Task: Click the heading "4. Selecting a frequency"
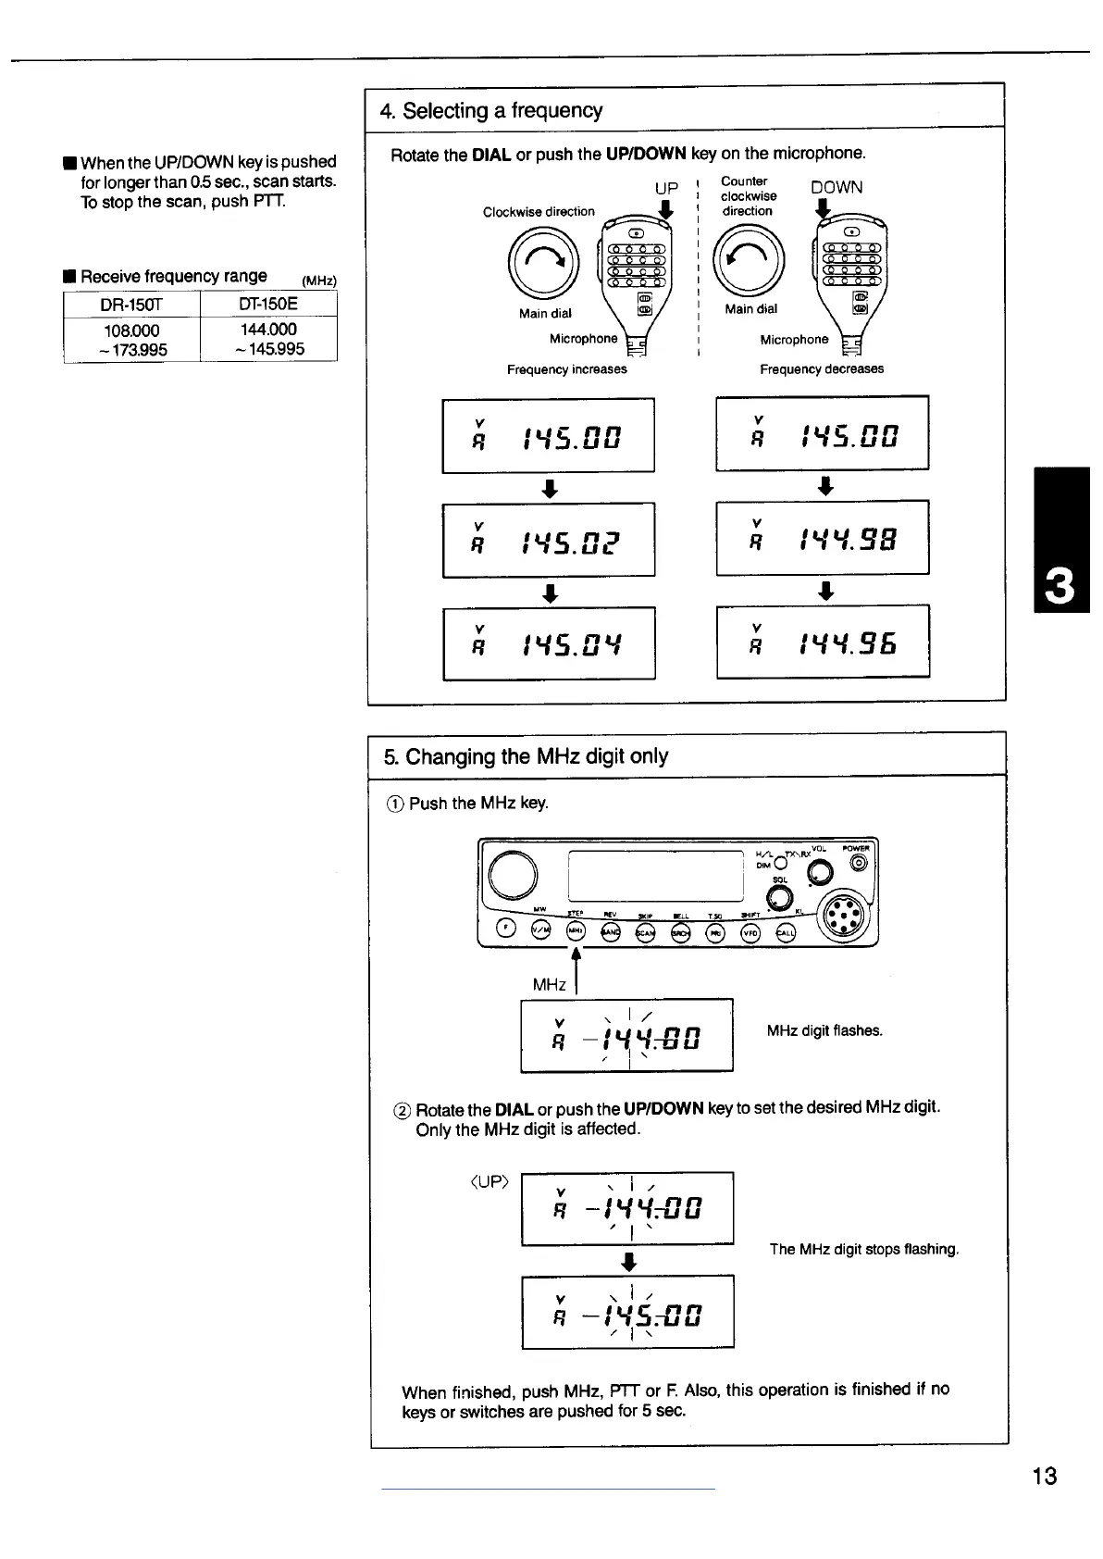(491, 111)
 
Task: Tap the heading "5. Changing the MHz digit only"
(526, 756)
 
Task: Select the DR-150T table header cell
(130, 305)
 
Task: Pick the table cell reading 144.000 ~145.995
(268, 339)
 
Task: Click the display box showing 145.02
(548, 540)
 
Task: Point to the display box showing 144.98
(822, 538)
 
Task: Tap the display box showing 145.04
(548, 643)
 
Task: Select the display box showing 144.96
(822, 642)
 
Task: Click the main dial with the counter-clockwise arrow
(750, 262)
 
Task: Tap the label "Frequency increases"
(566, 369)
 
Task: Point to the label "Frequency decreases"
(821, 368)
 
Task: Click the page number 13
(1044, 1476)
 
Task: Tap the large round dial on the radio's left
(513, 875)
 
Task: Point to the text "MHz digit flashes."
(824, 1030)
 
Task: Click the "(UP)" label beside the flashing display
(490, 1182)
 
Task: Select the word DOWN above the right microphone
(837, 188)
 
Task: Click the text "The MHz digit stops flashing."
(863, 1249)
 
